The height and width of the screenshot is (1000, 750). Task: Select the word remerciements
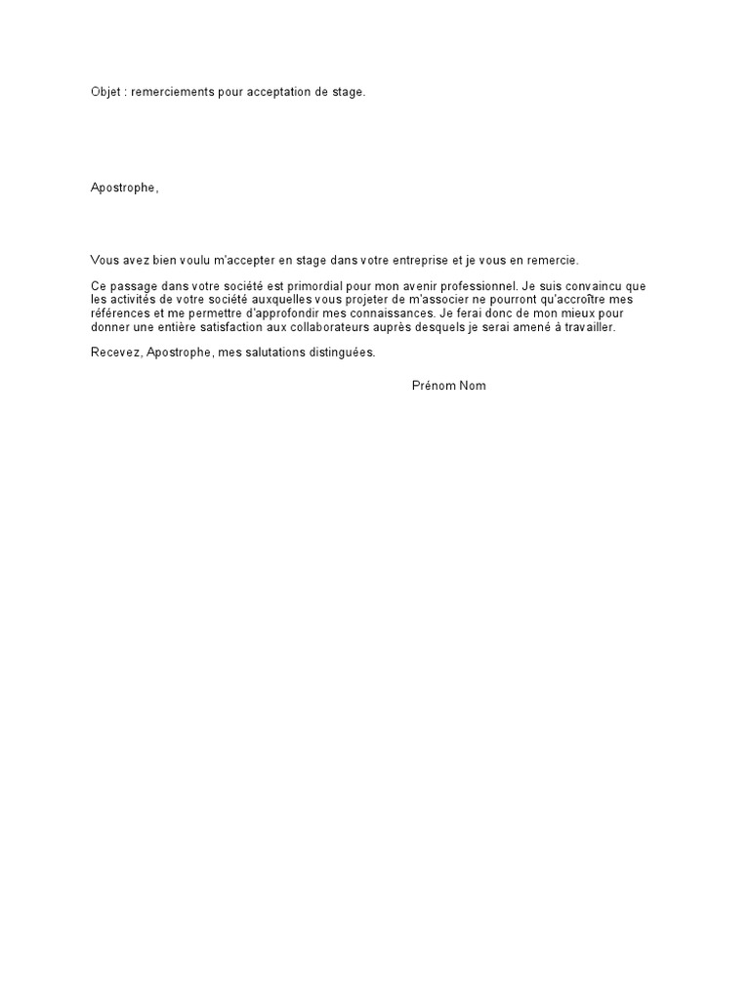pos(175,93)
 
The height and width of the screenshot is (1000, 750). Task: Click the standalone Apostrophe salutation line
pos(124,188)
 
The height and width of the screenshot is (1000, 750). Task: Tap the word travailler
pos(589,327)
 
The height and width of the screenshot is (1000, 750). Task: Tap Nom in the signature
pos(474,386)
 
